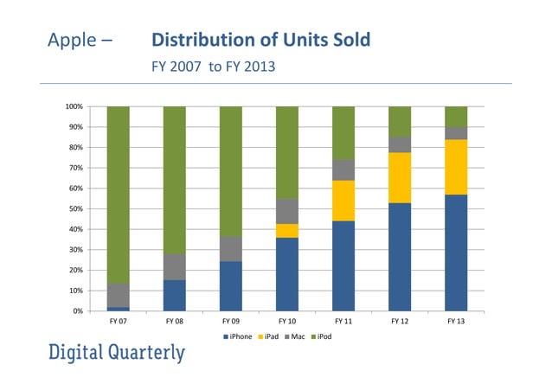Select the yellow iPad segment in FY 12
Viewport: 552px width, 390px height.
(x=400, y=177)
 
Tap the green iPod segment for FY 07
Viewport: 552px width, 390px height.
(x=119, y=195)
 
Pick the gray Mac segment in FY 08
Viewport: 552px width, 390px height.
(x=175, y=266)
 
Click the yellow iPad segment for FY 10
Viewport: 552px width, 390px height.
(x=287, y=230)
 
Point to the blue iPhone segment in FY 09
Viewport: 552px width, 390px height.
(x=231, y=285)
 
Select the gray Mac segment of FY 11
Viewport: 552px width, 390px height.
(x=343, y=169)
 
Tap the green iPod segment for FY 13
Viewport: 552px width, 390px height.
(x=456, y=117)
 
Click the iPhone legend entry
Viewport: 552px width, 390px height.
(x=238, y=336)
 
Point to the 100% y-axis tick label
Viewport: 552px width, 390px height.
(x=74, y=106)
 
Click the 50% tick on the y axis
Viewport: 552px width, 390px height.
(x=75, y=208)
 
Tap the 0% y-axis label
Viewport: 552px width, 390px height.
(x=78, y=310)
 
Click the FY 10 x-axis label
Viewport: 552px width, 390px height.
(x=287, y=321)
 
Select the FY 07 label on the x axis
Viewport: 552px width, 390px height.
(x=119, y=321)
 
